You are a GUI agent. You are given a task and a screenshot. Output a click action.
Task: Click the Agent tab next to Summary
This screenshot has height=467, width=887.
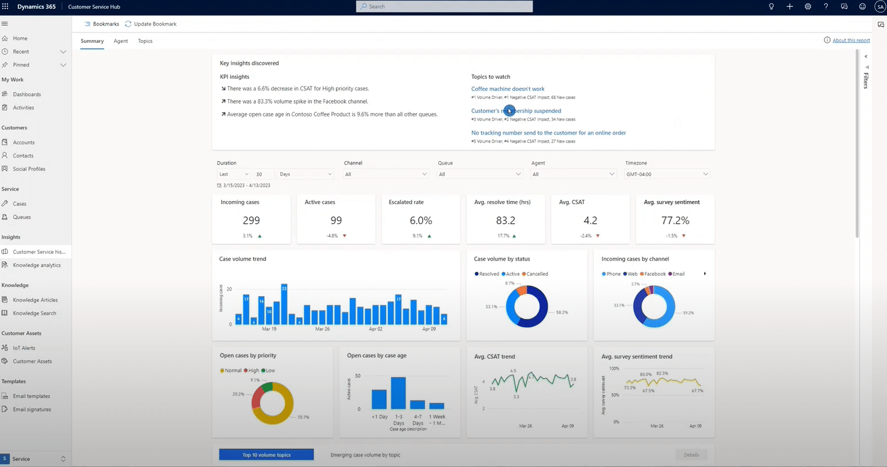pyautogui.click(x=120, y=41)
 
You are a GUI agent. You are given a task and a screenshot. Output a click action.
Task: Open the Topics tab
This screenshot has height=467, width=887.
pyautogui.click(x=145, y=41)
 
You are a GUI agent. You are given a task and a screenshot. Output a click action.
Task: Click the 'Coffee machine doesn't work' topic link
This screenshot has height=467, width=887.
pyautogui.click(x=507, y=89)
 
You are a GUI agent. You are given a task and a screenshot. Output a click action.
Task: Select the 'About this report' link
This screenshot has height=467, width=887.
pyautogui.click(x=851, y=41)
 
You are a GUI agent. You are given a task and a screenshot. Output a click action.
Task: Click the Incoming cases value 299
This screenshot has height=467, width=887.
pyautogui.click(x=251, y=221)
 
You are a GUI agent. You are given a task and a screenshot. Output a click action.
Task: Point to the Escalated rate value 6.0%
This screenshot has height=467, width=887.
pyautogui.click(x=420, y=221)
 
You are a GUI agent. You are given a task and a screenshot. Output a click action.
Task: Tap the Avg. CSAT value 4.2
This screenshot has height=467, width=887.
pyautogui.click(x=590, y=221)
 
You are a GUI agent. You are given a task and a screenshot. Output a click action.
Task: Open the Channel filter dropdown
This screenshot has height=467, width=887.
pyautogui.click(x=386, y=174)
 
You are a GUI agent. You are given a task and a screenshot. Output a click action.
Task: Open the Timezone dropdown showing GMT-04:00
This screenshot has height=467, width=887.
pyautogui.click(x=667, y=174)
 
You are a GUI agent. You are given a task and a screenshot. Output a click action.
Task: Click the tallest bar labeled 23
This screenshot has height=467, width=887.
pyautogui.click(x=284, y=304)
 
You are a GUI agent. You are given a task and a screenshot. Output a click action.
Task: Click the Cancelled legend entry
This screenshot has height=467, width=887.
pyautogui.click(x=537, y=274)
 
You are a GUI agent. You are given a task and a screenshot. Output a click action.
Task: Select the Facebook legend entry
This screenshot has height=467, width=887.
pyautogui.click(x=654, y=274)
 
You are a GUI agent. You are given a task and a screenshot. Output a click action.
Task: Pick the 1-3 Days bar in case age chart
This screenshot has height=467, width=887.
pyautogui.click(x=398, y=393)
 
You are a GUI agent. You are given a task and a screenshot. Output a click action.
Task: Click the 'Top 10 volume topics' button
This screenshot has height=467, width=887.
pyautogui.click(x=266, y=455)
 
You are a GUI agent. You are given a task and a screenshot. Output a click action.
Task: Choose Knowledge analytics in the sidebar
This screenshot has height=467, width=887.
pyautogui.click(x=36, y=265)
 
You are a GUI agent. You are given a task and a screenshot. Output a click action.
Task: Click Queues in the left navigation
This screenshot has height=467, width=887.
pyautogui.click(x=22, y=217)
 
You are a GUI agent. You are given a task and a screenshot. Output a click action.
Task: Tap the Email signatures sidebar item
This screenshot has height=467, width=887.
pyautogui.click(x=32, y=410)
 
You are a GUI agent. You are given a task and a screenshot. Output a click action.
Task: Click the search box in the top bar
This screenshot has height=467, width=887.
pyautogui.click(x=444, y=6)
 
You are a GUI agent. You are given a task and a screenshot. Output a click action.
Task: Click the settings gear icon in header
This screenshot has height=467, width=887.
pyautogui.click(x=808, y=6)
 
